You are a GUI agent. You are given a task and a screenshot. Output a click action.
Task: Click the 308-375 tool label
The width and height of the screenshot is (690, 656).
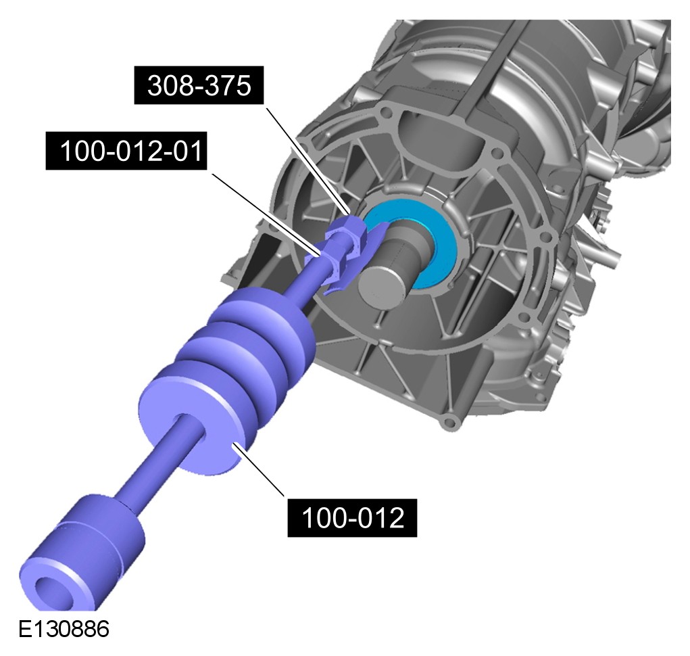[x=199, y=85]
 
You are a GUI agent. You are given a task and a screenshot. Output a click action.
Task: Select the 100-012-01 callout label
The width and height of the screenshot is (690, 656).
[x=126, y=151]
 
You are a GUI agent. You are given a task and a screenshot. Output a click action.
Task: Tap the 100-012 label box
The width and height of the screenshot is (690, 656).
[x=352, y=518]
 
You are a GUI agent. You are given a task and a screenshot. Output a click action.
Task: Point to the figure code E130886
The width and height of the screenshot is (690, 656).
[x=64, y=629]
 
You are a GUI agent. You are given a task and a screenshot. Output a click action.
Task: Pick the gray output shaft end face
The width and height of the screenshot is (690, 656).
[x=381, y=286]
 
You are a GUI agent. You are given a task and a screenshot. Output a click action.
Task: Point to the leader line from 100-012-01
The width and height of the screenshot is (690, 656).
[x=267, y=214]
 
